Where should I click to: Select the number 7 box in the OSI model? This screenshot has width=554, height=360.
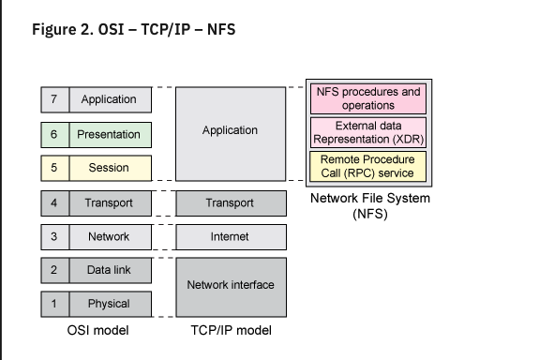[x=53, y=99]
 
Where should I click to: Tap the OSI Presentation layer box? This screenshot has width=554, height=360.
[x=109, y=134]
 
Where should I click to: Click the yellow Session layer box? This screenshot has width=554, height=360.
[x=109, y=169]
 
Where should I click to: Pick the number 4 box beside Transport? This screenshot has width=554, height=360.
[x=53, y=202]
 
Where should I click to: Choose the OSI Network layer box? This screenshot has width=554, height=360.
[x=109, y=236]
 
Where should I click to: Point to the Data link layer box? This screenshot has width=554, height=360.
[x=109, y=270]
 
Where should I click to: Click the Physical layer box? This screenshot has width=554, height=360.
[x=109, y=304]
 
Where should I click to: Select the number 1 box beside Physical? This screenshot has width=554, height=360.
[x=53, y=304]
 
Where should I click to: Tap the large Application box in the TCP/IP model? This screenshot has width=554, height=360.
[x=230, y=131]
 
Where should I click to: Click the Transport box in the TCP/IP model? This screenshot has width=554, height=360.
[x=230, y=202]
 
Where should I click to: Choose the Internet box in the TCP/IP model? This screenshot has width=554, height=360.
[x=230, y=236]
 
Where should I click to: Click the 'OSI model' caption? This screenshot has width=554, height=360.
[x=98, y=330]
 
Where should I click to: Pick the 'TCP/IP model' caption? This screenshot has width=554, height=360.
[x=230, y=330]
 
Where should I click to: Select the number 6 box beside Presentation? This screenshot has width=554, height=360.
[x=53, y=134]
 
